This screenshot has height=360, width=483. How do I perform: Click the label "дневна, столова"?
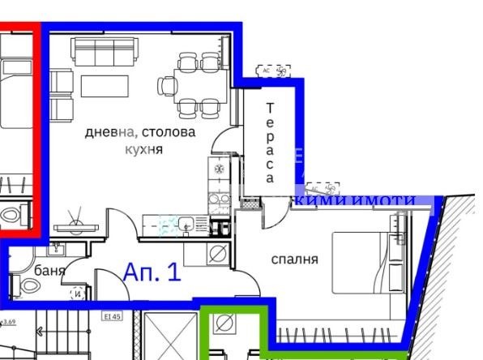click(140, 132)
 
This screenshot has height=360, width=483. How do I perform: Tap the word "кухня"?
click(144, 149)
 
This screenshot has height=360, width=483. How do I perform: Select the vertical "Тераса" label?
click(270, 142)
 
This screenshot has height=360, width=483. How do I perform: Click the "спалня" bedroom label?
click(294, 259)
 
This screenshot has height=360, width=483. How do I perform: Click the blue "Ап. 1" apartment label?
click(152, 272)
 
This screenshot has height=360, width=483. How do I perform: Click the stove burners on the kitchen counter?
click(218, 169)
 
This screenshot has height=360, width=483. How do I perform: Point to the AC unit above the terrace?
click(273, 71)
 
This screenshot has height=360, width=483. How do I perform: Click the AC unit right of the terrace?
click(324, 188)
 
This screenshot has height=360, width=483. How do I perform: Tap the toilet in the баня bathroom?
click(15, 285)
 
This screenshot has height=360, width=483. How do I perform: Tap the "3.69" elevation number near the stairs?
click(10, 322)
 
